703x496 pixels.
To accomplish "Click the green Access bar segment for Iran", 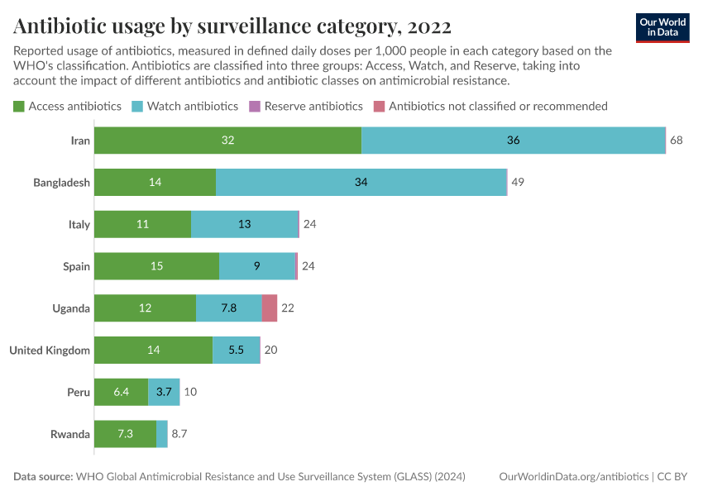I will click(x=227, y=141).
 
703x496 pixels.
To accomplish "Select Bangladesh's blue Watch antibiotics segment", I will click(x=361, y=182).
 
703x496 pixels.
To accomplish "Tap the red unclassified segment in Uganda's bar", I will click(x=270, y=308).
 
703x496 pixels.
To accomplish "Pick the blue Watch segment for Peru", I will click(x=164, y=392).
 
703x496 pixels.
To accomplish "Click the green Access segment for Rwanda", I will click(x=125, y=434).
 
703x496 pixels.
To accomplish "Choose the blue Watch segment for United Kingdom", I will click(x=236, y=350).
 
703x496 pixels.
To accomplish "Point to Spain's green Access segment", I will click(x=156, y=266).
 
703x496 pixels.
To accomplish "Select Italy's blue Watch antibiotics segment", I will click(x=244, y=224).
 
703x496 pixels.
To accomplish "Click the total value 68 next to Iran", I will click(x=677, y=141).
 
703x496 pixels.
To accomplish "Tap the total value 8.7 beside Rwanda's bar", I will click(x=179, y=434).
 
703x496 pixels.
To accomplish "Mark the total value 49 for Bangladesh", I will click(x=518, y=182).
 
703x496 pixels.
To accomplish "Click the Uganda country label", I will click(x=71, y=308).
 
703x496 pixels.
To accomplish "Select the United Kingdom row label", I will click(x=50, y=351).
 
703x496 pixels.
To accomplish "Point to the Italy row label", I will click(x=79, y=224).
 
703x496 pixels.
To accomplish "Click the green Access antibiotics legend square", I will click(x=18, y=106).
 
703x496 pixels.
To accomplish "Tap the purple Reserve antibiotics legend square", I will click(x=255, y=106).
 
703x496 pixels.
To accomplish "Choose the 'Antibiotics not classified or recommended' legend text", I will click(x=498, y=106).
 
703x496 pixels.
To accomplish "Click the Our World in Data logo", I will click(x=662, y=26).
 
